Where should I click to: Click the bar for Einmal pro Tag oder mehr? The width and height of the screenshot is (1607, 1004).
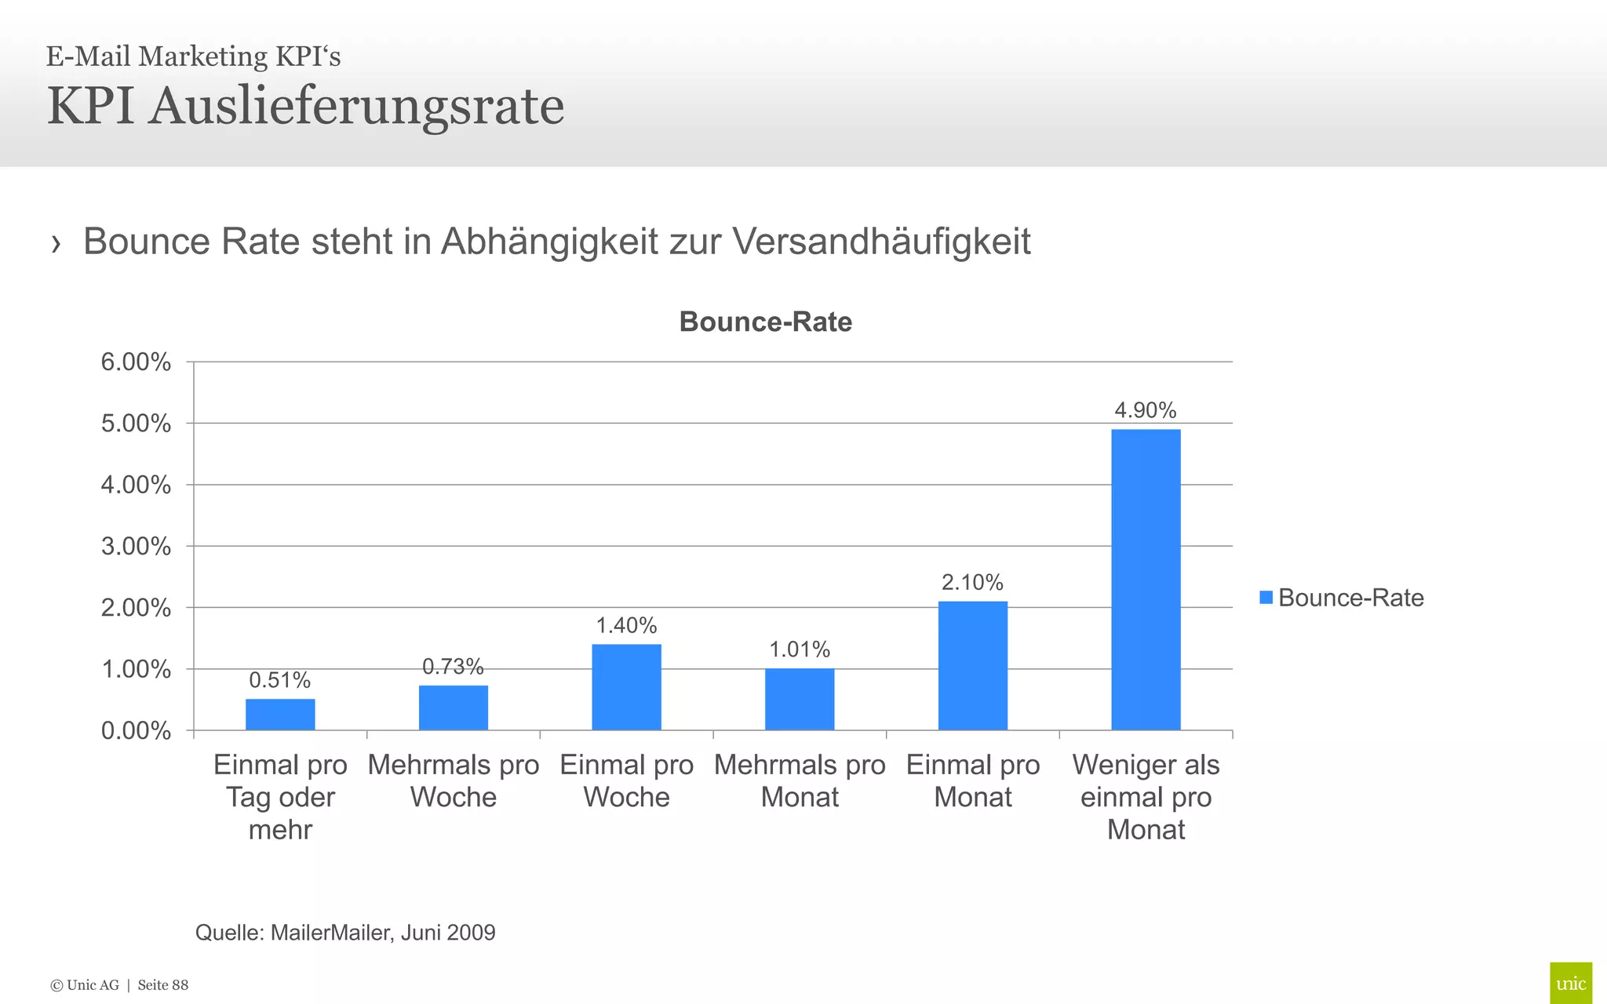(x=280, y=715)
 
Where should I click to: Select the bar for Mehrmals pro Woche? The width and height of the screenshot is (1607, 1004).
(x=454, y=708)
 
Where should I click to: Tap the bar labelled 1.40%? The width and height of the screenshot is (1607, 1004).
(x=626, y=687)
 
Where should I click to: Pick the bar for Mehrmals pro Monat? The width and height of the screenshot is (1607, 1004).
(x=800, y=699)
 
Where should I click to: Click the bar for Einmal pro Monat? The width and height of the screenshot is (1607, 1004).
(x=973, y=666)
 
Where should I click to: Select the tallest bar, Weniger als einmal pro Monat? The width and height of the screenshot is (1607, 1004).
(x=1146, y=580)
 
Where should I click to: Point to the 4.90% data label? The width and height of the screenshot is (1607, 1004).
(x=1146, y=410)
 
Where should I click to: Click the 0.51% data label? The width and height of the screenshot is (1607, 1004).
(x=280, y=680)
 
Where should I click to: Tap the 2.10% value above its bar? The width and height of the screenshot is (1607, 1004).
(x=972, y=582)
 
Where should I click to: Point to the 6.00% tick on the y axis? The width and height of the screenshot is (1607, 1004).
(x=136, y=362)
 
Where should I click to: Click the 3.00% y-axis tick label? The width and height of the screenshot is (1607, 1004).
(x=136, y=547)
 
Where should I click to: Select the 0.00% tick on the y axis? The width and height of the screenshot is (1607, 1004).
(x=136, y=731)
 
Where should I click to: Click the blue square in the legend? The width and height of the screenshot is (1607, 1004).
(x=1266, y=598)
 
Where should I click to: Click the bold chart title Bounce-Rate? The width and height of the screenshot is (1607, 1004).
(x=765, y=322)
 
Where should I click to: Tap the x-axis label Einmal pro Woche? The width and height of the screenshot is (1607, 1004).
(x=626, y=780)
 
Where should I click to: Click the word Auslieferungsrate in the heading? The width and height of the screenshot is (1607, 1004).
(x=357, y=106)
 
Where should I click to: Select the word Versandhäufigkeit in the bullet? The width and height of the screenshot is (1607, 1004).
(x=881, y=241)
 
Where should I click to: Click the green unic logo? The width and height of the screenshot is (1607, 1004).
(x=1570, y=983)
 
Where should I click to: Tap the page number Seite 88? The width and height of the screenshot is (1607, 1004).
(x=163, y=985)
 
